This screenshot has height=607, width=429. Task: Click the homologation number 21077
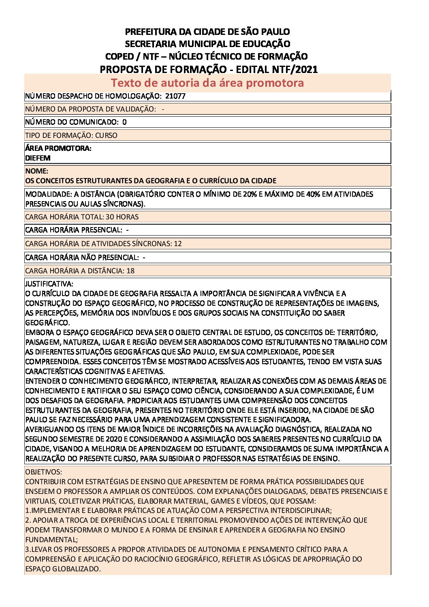click(x=175, y=96)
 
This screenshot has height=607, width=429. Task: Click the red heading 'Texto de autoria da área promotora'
click(x=207, y=83)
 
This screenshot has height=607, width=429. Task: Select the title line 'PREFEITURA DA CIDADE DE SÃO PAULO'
click(x=207, y=32)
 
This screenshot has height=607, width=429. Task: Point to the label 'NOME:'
click(x=36, y=171)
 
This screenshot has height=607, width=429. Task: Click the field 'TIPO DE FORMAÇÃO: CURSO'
click(x=71, y=135)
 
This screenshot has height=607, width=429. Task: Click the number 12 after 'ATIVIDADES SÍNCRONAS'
click(x=177, y=244)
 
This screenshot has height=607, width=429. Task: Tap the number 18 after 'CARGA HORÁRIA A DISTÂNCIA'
click(x=130, y=271)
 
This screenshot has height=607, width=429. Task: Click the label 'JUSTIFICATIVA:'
click(x=49, y=284)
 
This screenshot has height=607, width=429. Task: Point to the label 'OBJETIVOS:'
click(x=44, y=472)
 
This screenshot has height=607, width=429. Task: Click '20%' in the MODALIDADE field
click(x=250, y=194)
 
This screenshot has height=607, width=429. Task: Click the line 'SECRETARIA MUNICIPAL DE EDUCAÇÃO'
click(x=207, y=44)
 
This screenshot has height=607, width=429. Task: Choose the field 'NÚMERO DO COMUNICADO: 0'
click(x=76, y=122)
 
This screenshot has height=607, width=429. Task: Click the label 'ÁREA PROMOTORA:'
click(x=58, y=148)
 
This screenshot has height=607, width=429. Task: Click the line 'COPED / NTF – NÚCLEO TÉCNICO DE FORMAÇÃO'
click(x=207, y=56)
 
